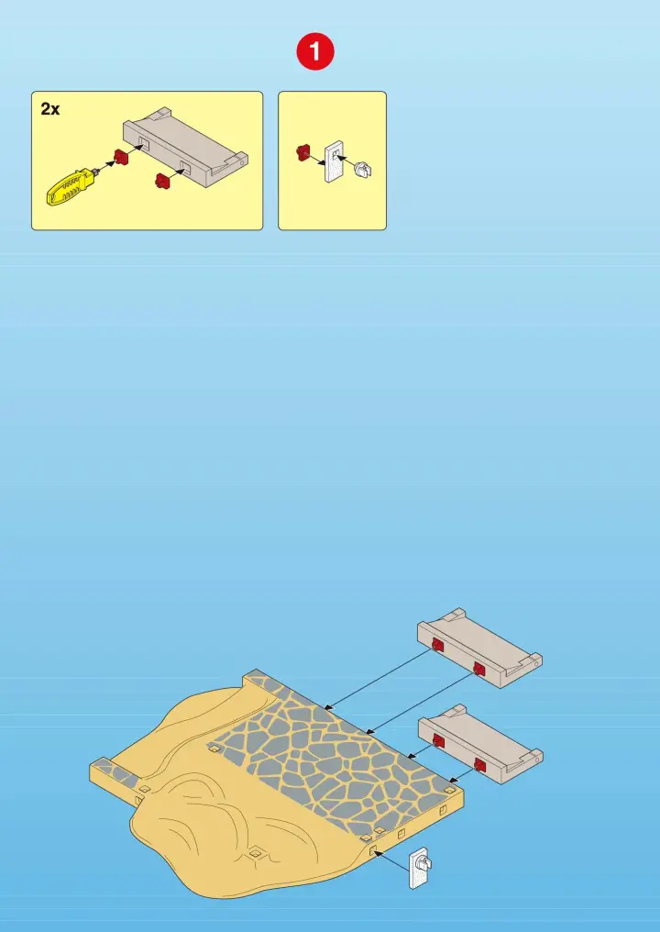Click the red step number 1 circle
point(315,52)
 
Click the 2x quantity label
point(50,109)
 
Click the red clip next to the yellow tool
point(121,158)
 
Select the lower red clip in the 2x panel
point(162,179)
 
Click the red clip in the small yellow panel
point(303,152)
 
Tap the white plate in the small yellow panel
point(334,161)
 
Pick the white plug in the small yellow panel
point(362,170)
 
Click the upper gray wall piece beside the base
point(479,648)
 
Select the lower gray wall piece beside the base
point(480,744)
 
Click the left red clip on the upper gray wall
point(438,645)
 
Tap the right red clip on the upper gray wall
point(478,669)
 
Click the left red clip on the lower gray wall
point(438,740)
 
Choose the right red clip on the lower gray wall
point(480,764)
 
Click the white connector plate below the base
point(420,868)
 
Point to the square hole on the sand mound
point(256,853)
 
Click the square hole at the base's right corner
point(450,791)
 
